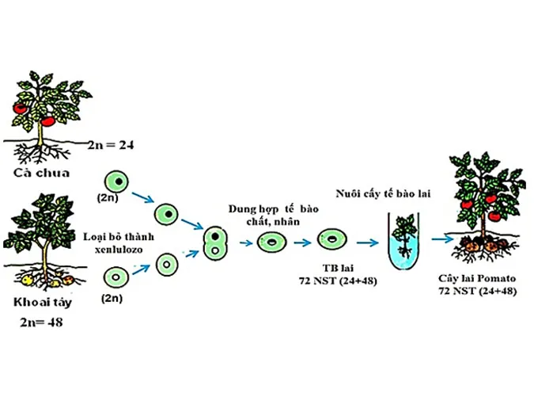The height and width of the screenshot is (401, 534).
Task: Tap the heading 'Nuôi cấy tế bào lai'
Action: [383, 193]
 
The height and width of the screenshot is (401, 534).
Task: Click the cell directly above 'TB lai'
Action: [331, 240]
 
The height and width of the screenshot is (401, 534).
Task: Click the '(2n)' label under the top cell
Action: [108, 196]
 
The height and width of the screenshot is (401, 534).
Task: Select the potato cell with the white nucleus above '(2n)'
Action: [117, 277]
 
